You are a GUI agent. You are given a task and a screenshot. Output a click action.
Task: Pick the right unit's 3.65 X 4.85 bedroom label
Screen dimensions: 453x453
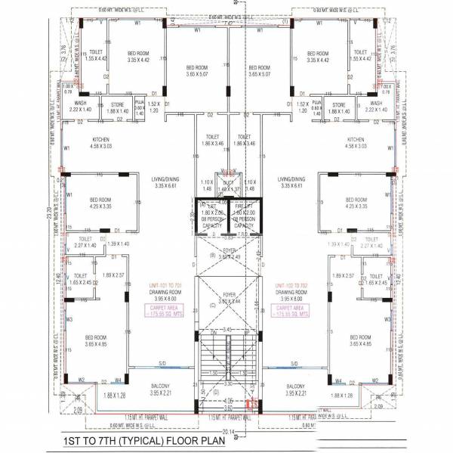pos(360,340)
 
